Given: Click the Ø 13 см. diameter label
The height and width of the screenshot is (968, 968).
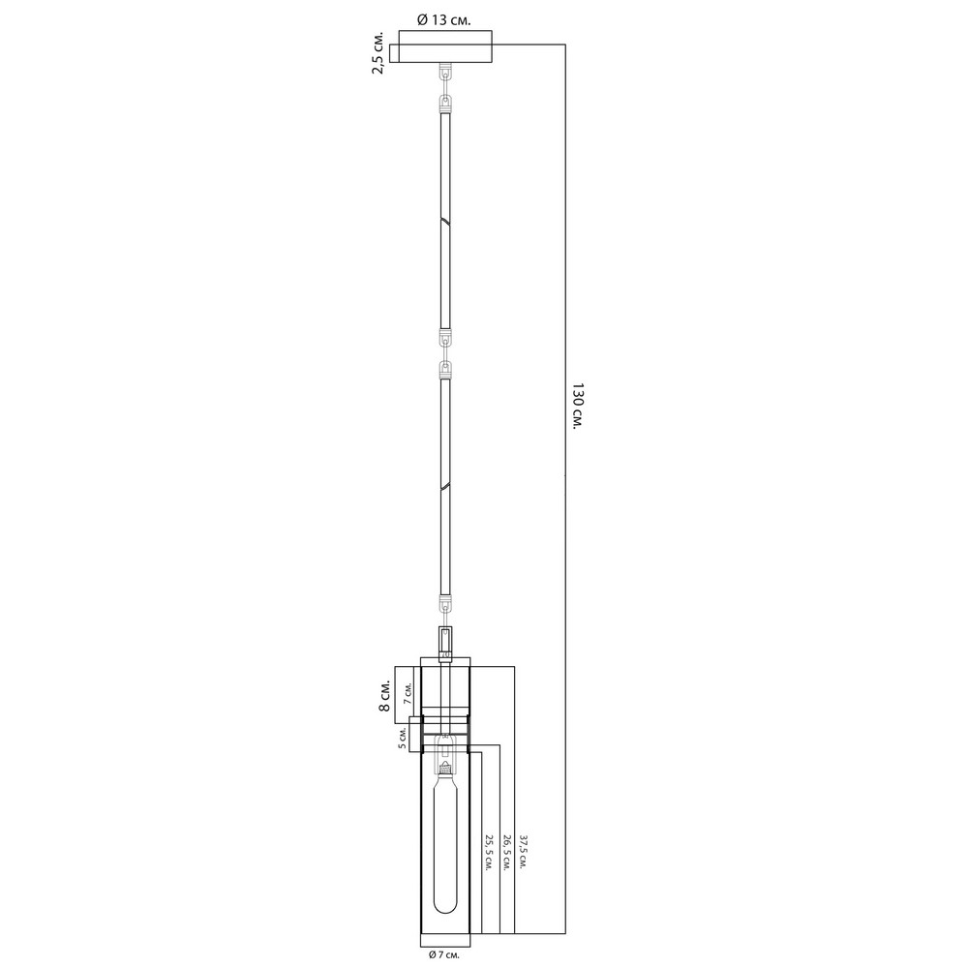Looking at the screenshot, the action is coord(444,19).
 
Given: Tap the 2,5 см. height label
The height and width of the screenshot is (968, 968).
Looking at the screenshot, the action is coord(378,52).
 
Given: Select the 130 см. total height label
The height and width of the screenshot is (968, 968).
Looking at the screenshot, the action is coord(577,407).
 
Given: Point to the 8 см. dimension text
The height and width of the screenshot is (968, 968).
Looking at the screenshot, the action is coord(384,697).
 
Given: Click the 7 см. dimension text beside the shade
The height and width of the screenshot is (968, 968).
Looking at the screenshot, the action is coord(408,694).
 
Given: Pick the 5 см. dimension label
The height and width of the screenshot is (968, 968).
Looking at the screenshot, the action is coord(403,738).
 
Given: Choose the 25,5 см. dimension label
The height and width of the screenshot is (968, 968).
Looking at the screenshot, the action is coord(489,853).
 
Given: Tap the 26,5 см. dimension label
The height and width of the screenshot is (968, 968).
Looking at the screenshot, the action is coord(505,853).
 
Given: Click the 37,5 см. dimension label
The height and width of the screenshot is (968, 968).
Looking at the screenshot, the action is coord(523,853).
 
